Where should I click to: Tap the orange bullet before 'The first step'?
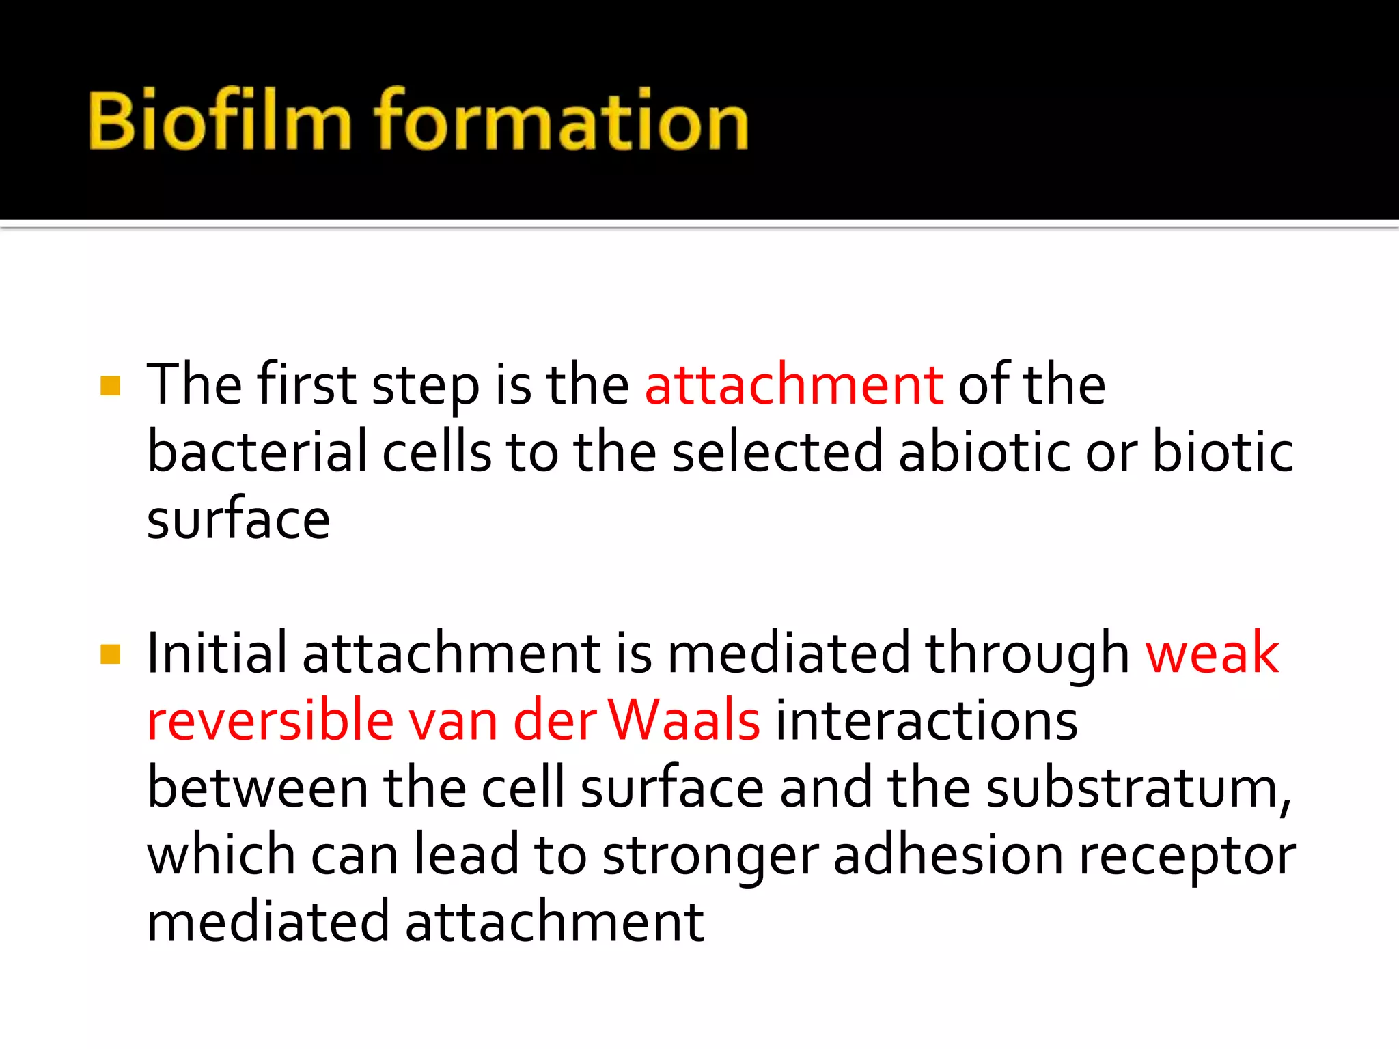tap(110, 386)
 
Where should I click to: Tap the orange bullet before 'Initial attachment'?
tap(110, 654)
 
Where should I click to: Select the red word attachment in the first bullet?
tap(794, 385)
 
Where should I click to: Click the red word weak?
tap(1212, 654)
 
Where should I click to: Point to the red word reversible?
tap(271, 721)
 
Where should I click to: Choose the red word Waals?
tap(684, 721)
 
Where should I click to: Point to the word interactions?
tap(926, 721)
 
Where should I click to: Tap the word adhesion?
tap(948, 856)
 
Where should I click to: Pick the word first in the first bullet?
tap(307, 385)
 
